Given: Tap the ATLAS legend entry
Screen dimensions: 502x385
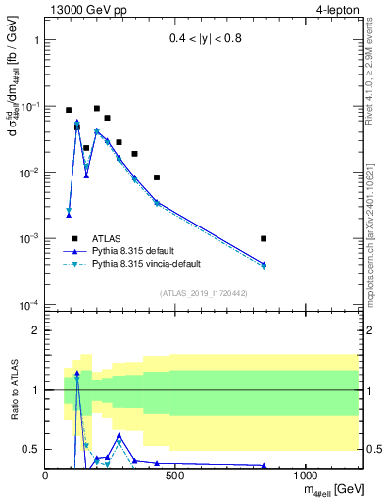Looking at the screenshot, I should [x=109, y=238].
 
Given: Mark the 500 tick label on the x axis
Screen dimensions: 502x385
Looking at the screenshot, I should [x=176, y=476].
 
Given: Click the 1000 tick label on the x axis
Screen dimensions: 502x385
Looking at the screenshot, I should [x=306, y=476].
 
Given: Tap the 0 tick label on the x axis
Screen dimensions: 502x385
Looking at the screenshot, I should [x=46, y=476].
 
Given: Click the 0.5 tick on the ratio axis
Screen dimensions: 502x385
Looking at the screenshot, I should [x=32, y=449].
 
